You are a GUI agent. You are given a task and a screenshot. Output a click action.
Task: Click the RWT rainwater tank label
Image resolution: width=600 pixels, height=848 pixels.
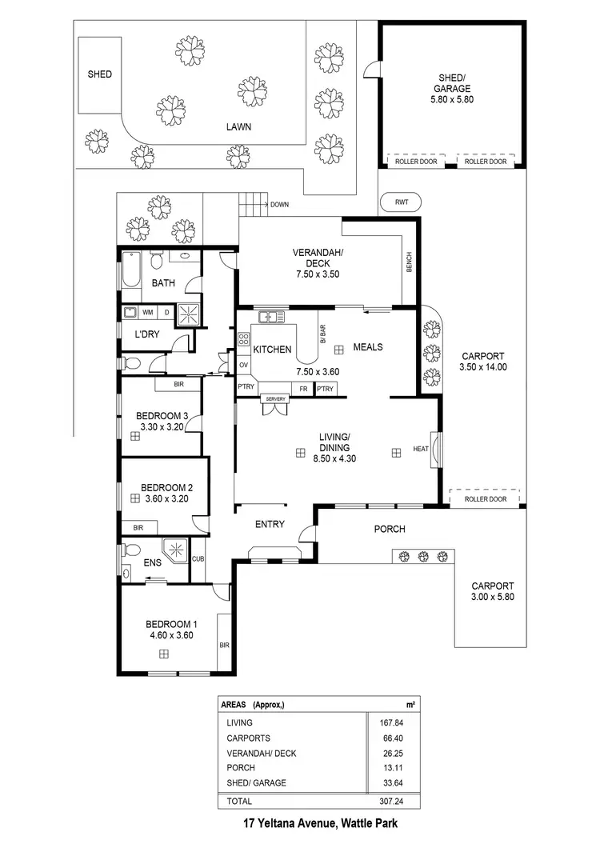(x=402, y=202)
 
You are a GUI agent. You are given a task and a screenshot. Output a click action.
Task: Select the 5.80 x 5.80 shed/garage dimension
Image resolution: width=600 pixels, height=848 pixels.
(x=453, y=101)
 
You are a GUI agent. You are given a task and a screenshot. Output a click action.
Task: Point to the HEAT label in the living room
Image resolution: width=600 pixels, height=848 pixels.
(x=421, y=449)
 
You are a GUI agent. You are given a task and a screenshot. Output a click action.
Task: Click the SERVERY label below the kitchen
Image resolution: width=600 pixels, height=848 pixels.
(x=276, y=398)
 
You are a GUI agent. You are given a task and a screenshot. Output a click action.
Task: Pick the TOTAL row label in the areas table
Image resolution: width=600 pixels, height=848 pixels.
(x=239, y=801)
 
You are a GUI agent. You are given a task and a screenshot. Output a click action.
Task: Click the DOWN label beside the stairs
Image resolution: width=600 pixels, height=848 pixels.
(x=279, y=205)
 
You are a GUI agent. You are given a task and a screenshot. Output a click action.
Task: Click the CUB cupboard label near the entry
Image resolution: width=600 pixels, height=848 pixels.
(x=198, y=559)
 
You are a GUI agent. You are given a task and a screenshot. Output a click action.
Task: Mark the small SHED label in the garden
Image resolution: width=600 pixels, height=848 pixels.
(x=100, y=74)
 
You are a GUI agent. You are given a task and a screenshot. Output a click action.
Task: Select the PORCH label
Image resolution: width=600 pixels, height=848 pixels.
(x=390, y=529)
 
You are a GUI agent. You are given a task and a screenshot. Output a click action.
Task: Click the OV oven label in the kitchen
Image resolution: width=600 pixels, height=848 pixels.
(x=243, y=366)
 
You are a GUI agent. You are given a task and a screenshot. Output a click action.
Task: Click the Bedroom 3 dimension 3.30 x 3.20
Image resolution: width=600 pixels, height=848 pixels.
(x=162, y=427)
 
